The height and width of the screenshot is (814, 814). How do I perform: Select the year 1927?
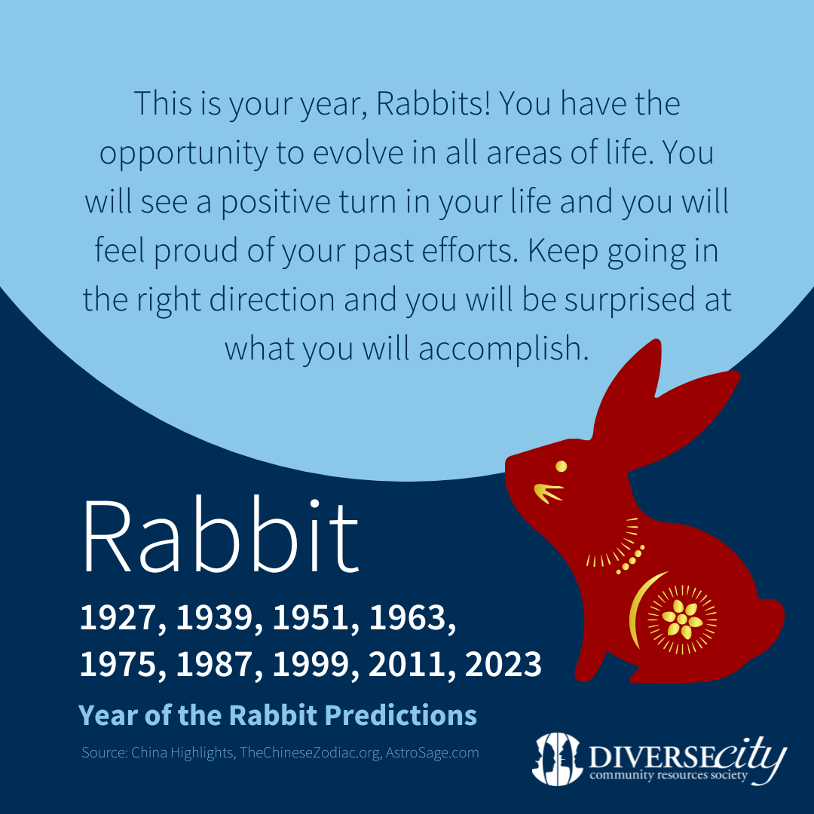click(118, 618)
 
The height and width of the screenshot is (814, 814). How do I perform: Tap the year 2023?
click(503, 664)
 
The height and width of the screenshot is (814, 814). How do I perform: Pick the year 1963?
click(408, 618)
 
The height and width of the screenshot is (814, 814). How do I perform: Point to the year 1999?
click(311, 664)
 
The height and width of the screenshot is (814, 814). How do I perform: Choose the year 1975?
click(118, 664)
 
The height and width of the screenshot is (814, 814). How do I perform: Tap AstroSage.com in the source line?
click(432, 753)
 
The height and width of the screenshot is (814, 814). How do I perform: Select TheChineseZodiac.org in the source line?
click(310, 753)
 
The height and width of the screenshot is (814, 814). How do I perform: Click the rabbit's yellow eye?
click(562, 467)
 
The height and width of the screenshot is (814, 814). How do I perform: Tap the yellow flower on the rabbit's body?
click(682, 619)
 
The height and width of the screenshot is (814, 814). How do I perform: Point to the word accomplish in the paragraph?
click(503, 349)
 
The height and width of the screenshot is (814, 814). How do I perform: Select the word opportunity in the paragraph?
click(183, 154)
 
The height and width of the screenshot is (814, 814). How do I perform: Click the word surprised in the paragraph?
click(629, 301)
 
